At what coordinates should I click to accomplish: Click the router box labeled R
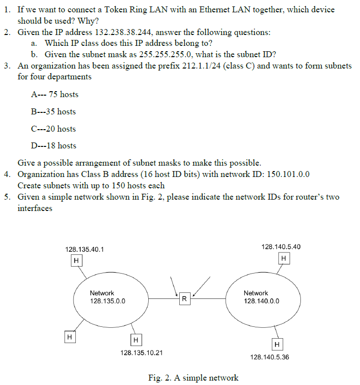(x=184, y=299)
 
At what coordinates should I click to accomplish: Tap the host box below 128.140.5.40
(x=283, y=258)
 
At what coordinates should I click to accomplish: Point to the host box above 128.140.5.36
(x=277, y=344)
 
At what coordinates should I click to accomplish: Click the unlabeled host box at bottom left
(x=70, y=337)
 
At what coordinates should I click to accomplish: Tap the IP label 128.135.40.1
(x=85, y=250)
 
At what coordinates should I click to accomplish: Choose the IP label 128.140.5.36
(x=269, y=357)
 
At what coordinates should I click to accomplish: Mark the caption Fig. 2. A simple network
(x=193, y=378)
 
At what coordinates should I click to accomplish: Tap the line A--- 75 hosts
(x=54, y=94)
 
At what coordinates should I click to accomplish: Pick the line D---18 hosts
(x=53, y=145)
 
